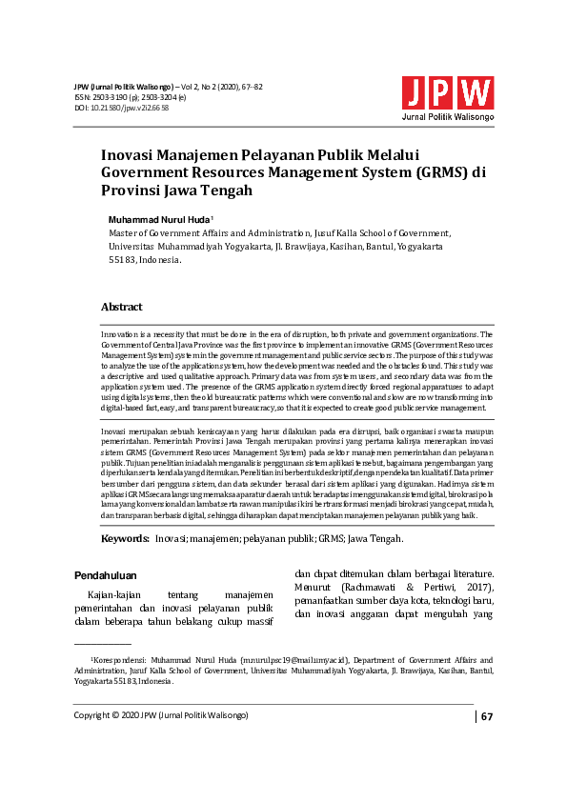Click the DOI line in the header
[122, 109]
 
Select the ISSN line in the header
[130, 97]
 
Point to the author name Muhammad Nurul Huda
[158, 219]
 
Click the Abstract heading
[122, 307]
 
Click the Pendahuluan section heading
[105, 575]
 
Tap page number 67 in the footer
[486, 716]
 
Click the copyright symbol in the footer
[119, 715]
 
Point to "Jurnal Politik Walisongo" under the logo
[447, 116]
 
